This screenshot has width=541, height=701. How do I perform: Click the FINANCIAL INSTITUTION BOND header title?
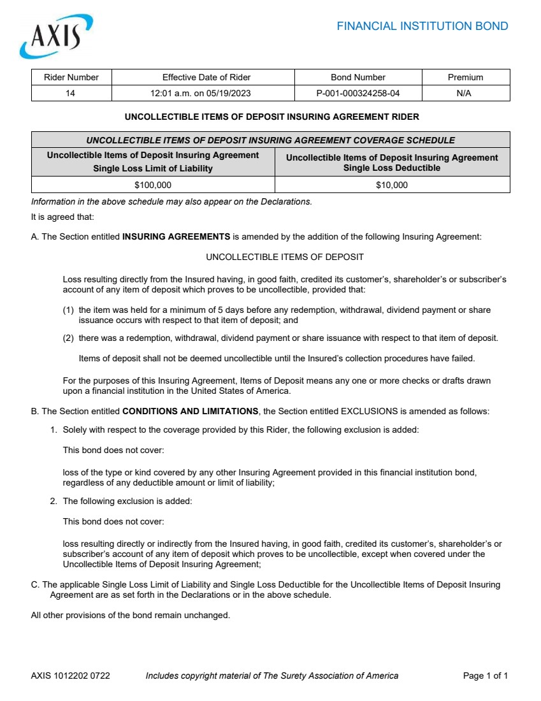click(422, 26)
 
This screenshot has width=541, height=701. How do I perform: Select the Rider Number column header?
click(71, 77)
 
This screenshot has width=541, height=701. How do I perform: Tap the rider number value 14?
click(71, 93)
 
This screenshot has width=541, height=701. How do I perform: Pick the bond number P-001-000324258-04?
click(358, 93)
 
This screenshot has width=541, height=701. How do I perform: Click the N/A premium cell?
click(465, 93)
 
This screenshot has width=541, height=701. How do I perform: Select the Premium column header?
click(465, 77)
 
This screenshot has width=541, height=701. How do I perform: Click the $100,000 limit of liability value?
click(153, 185)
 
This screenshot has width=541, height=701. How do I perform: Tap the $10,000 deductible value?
click(392, 185)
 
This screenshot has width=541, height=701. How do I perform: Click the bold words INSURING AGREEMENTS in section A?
click(176, 236)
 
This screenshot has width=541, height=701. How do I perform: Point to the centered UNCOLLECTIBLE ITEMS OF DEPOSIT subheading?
click(285, 257)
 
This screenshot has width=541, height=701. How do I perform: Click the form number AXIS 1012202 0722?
click(70, 676)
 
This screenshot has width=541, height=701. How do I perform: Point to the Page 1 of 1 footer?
click(485, 676)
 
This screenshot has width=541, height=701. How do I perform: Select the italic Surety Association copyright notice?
click(272, 676)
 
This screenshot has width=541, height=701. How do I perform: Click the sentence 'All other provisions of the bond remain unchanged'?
click(130, 615)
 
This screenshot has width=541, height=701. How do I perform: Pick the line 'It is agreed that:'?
click(62, 217)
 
